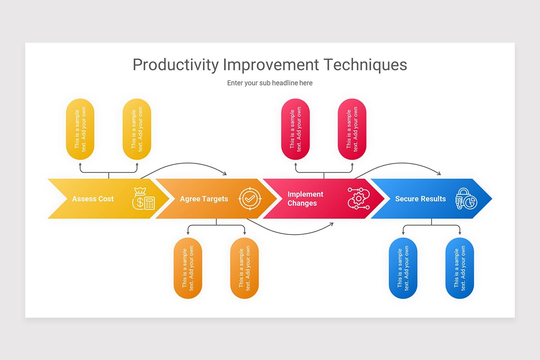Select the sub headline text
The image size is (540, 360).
pos(270,83)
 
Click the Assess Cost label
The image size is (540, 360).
pos(93,199)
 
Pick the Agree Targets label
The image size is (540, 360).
pos(204,199)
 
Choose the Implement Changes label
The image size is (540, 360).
pos(305,199)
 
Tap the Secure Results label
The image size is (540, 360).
pos(420,199)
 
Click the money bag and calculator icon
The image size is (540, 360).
pos(144,198)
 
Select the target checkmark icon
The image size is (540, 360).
pos(250,198)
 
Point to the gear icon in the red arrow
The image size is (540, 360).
pos(359,198)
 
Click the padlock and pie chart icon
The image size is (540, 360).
pos(466,198)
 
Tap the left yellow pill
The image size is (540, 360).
pos(80,129)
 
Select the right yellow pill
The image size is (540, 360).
pos(137,129)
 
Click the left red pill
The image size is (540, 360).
pos(296,129)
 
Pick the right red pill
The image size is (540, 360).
pos(352,129)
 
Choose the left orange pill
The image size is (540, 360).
pos(188,268)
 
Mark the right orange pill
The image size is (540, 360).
pos(244,268)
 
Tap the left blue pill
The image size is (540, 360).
pos(403,268)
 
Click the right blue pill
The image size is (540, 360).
pos(459,268)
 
